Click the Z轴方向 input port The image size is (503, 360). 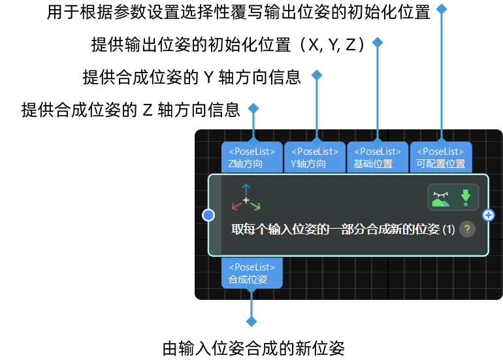tap(252, 157)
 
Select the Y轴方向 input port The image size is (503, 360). tap(315, 157)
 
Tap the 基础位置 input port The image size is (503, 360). tap(378, 157)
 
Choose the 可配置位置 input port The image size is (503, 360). tap(440, 157)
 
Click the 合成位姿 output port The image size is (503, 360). tap(252, 273)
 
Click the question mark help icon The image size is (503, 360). tap(467, 229)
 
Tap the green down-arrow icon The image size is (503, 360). tap(466, 197)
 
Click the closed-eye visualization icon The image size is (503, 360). tap(441, 197)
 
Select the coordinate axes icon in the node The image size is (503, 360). tap(246, 198)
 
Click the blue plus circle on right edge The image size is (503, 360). tap(488, 215)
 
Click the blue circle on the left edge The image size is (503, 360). tap(208, 215)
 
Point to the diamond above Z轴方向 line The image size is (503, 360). tap(253, 108)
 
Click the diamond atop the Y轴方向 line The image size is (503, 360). tap(317, 75)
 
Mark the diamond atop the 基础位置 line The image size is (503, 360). tap(378, 42)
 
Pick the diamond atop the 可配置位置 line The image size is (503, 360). tap(442, 9)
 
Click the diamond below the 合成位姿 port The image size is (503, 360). tap(252, 321)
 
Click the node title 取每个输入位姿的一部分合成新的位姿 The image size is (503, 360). tap(335, 229)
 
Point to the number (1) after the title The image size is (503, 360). tap(449, 229)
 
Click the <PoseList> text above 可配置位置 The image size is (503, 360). tap(440, 152)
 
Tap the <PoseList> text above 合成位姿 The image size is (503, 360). tap(252, 267)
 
